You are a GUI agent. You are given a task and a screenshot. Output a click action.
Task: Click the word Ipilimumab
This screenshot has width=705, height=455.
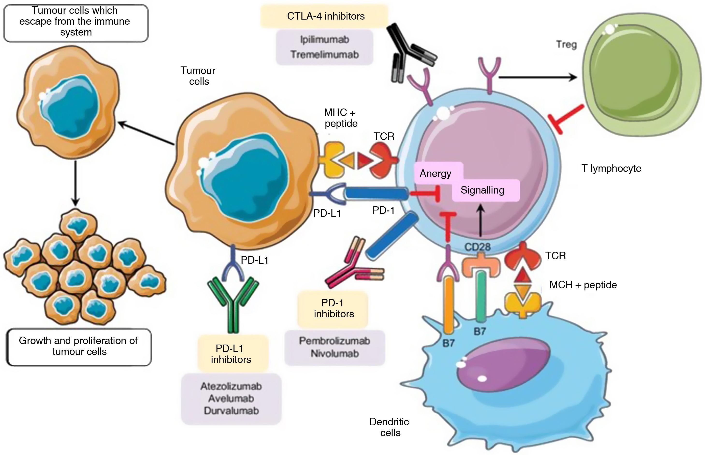(324, 40)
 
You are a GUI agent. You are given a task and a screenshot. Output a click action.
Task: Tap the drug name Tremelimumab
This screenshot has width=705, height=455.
(324, 55)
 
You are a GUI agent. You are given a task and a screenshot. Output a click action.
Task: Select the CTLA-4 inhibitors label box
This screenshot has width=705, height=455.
(325, 16)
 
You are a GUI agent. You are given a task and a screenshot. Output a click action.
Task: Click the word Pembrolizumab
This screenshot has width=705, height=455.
(334, 341)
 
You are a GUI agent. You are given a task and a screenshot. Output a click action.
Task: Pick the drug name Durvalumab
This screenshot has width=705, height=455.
(231, 411)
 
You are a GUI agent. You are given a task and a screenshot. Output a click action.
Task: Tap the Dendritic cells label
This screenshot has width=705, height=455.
(389, 427)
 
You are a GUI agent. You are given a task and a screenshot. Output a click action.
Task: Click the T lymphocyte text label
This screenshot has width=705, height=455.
(611, 168)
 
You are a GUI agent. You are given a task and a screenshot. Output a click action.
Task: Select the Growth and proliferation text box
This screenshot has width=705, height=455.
(79, 346)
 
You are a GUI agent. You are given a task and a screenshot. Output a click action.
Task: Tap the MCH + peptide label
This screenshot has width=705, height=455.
(583, 285)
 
